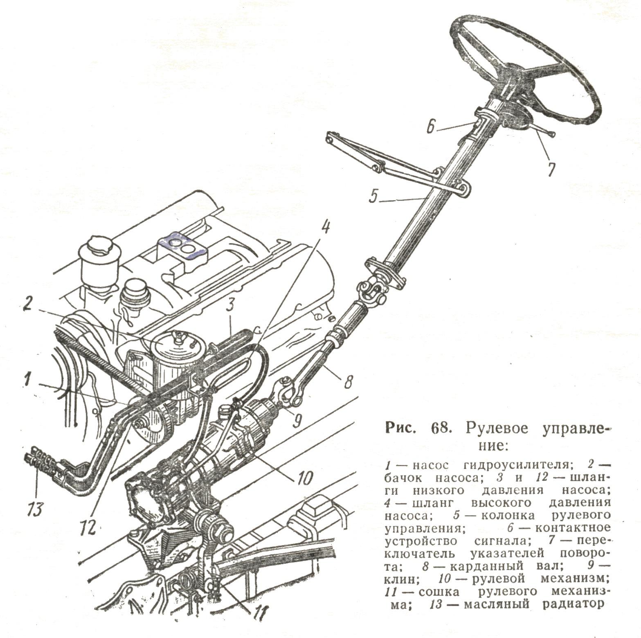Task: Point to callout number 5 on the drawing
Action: [373, 196]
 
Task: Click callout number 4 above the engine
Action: [325, 231]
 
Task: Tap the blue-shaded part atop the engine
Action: [182, 245]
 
